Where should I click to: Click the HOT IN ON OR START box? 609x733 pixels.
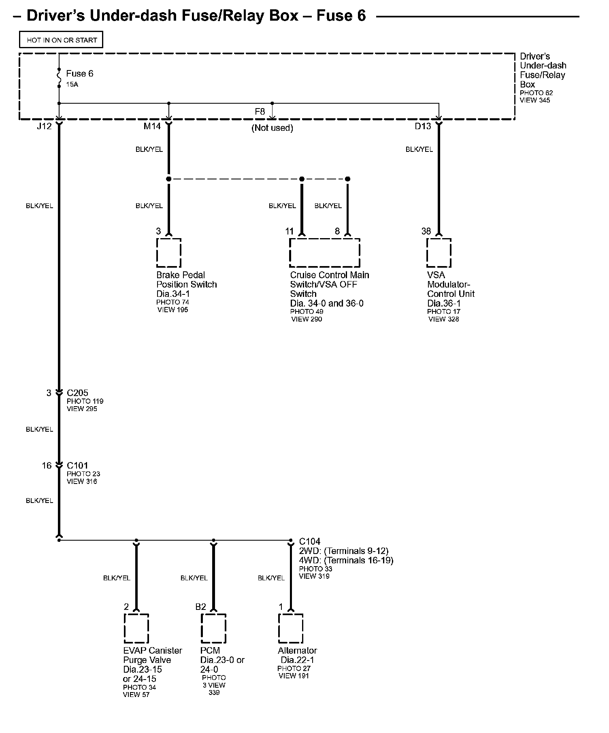[x=61, y=40]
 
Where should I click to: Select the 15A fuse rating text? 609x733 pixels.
[x=72, y=85]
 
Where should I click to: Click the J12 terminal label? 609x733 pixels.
[x=44, y=126]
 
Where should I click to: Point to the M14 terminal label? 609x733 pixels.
[x=152, y=126]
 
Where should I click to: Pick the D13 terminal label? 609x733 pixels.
[x=423, y=126]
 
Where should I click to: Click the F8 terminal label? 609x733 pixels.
[x=260, y=111]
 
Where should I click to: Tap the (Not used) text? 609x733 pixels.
[x=272, y=128]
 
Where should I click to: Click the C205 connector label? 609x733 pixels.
[x=77, y=393]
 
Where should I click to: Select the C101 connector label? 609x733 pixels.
[x=77, y=466]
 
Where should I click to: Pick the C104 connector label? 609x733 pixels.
[x=310, y=541]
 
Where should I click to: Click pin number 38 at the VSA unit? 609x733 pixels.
[x=426, y=231]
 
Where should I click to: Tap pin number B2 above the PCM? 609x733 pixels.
[x=200, y=607]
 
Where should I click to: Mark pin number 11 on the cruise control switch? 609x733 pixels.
[x=289, y=231]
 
